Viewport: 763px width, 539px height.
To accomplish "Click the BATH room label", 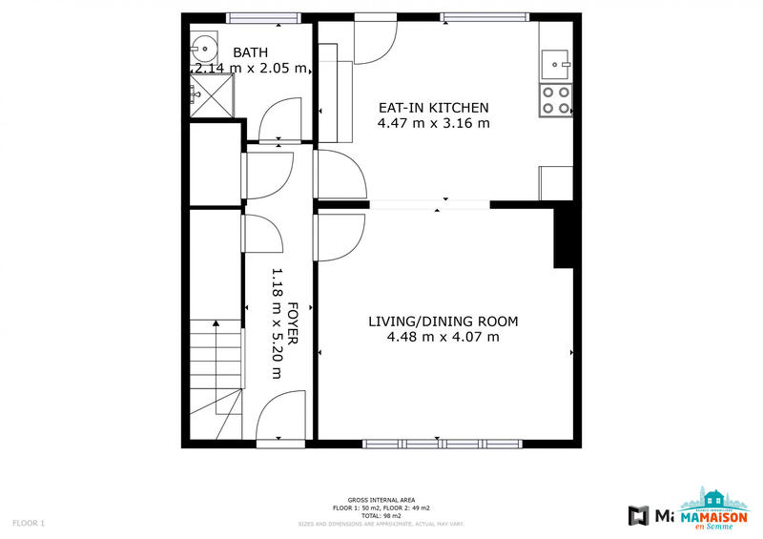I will pyautogui.click(x=251, y=52).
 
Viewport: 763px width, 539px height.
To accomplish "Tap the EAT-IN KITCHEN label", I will pyautogui.click(x=434, y=108).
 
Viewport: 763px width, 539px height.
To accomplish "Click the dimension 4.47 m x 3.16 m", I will pyautogui.click(x=434, y=123).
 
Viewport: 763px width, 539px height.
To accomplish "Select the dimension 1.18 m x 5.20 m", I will pyautogui.click(x=278, y=324).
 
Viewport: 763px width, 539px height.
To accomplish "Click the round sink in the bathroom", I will pyautogui.click(x=202, y=45).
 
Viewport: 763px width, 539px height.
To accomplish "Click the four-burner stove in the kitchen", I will pyautogui.click(x=556, y=100).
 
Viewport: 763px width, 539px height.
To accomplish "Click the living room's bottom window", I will pyautogui.click(x=443, y=444).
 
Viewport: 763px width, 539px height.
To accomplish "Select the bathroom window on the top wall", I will pyautogui.click(x=263, y=16).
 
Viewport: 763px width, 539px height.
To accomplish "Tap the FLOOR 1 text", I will pyautogui.click(x=29, y=523).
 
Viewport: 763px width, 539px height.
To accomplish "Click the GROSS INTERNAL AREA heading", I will pyautogui.click(x=381, y=500).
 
